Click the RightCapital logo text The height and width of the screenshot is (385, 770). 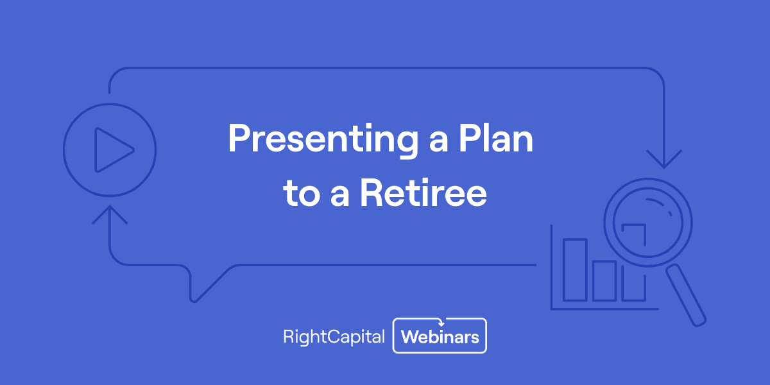coord(334,336)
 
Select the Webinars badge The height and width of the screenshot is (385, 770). coord(440,336)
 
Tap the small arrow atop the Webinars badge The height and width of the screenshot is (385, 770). coord(441,322)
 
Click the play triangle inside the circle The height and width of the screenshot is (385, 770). coord(112,150)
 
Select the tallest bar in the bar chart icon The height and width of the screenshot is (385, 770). coord(575,269)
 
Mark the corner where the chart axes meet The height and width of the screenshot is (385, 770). coord(552,309)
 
